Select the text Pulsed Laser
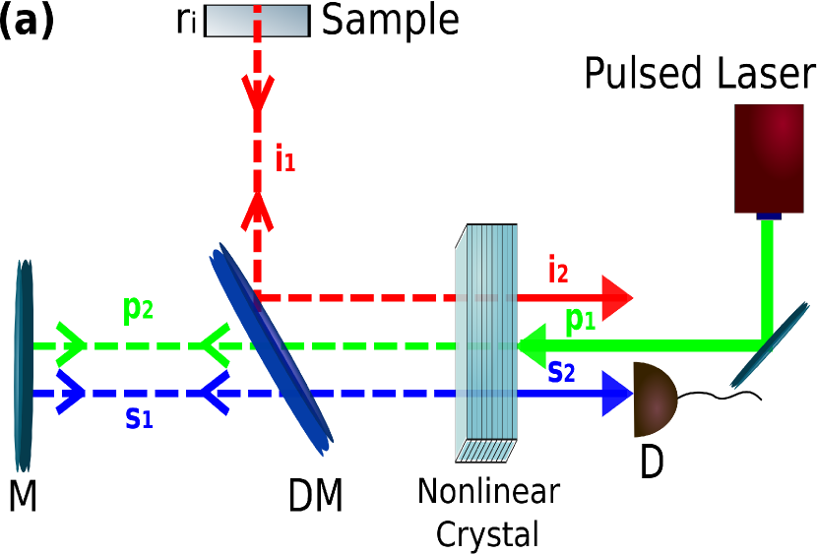700,74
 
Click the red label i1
284,158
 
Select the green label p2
138,310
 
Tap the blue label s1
140,417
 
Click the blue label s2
561,371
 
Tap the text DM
315,497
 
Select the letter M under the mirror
23,496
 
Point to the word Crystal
487,534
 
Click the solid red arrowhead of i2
616,296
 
